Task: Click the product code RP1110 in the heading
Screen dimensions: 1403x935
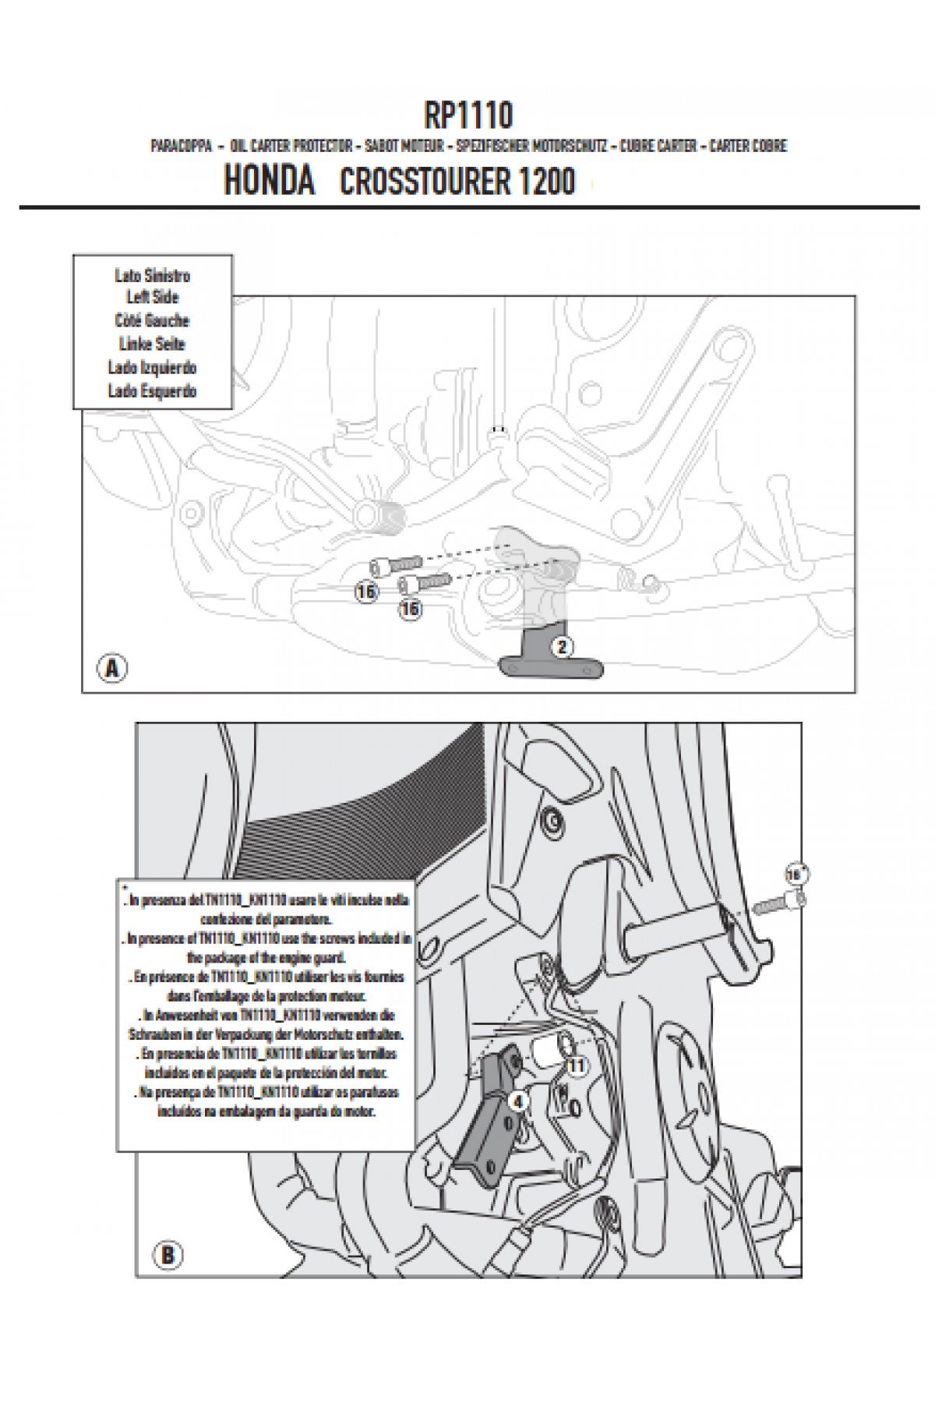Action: tap(468, 115)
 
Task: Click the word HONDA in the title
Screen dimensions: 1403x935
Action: tap(269, 181)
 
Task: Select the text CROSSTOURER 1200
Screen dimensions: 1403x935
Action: tap(457, 182)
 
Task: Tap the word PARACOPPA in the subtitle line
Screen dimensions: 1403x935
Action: tap(181, 146)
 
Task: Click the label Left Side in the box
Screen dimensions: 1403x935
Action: tap(153, 297)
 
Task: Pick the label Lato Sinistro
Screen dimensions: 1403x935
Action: tap(153, 275)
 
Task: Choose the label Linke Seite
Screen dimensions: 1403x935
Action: tap(153, 344)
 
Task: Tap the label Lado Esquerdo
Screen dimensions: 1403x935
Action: tap(153, 391)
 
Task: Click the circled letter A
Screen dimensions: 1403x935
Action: tap(112, 668)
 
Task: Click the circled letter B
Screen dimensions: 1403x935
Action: tap(167, 1256)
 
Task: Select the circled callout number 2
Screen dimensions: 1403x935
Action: tap(562, 646)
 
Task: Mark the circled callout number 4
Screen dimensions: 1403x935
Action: tap(519, 1101)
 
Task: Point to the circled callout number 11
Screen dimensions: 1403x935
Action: tap(577, 1066)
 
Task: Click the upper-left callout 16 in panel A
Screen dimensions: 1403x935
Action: tap(366, 592)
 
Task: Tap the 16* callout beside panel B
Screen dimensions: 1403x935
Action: tap(795, 875)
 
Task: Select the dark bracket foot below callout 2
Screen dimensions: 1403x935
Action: tap(552, 669)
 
